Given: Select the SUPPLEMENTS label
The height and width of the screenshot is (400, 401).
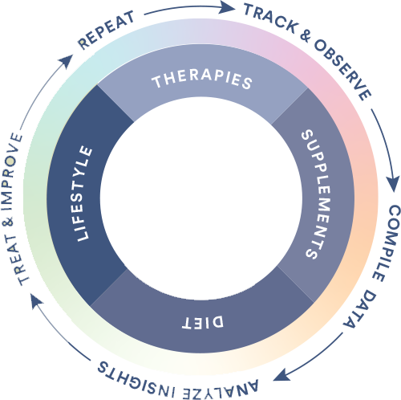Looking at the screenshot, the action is point(316,194).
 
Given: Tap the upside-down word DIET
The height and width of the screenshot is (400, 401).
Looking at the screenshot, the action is point(203,322).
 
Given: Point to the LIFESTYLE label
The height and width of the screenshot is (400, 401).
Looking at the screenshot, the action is point(83,194).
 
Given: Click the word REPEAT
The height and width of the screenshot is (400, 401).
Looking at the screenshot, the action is point(106,30).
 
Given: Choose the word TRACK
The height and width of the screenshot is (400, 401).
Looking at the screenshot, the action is point(270,18).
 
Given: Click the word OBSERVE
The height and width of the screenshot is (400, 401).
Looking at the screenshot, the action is point(342,70).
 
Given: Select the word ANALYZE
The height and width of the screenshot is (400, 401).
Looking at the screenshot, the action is point(221,389).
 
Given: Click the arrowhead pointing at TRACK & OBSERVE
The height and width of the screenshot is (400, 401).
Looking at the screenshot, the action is point(228,6).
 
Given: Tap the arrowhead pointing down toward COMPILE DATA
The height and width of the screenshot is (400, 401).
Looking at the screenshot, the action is point(393,184).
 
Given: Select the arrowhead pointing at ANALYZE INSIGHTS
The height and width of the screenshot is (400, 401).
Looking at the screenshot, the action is point(281,375).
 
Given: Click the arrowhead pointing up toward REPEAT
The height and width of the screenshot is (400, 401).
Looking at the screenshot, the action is point(67,60).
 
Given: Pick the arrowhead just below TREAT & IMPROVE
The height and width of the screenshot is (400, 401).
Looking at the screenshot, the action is point(36,300).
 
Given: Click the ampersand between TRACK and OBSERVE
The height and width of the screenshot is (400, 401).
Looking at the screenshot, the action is point(306,36).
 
